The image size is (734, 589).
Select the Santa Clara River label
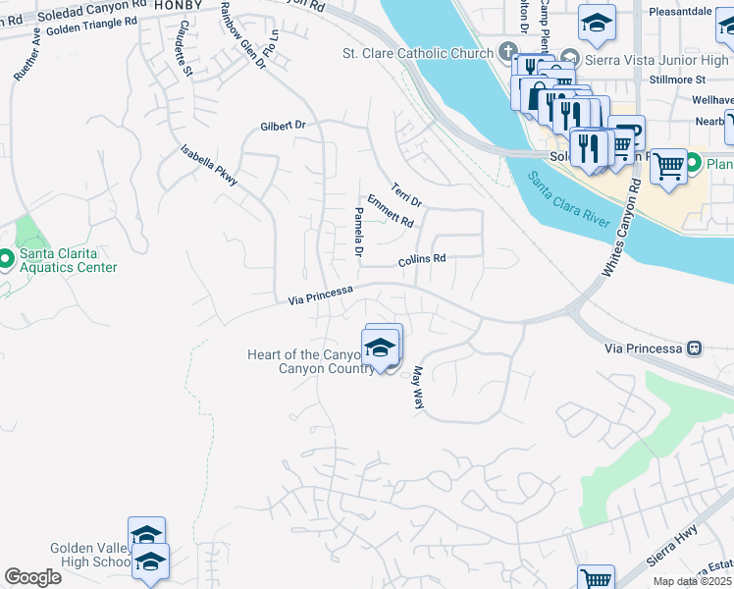pyautogui.click(x=570, y=200)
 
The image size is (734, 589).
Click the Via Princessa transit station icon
pyautogui.click(x=695, y=348)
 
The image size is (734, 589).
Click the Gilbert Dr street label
pyautogui.click(x=283, y=126)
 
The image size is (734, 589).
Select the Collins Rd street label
pyautogui.click(x=422, y=260)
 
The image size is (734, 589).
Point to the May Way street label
pyautogui.click(x=417, y=388)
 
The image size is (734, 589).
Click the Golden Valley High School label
pyautogui.click(x=90, y=555)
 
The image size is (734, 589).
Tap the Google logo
pyautogui.click(x=32, y=577)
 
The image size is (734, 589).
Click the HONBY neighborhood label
pyautogui.click(x=177, y=5)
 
